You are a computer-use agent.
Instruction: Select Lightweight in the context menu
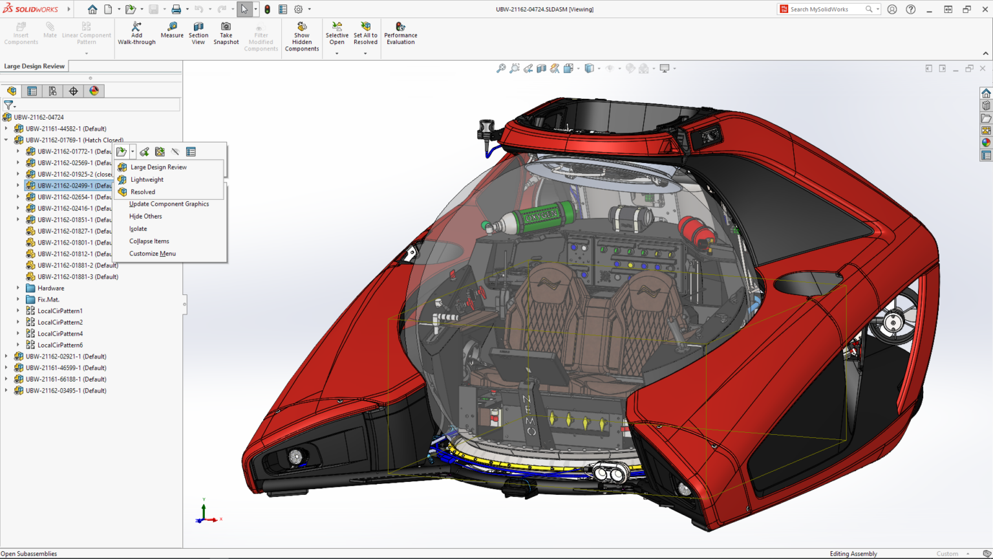147,180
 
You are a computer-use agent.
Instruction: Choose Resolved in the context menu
143,192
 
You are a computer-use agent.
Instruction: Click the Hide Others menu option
145,217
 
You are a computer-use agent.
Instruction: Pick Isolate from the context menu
138,229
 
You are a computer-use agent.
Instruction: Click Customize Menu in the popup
152,254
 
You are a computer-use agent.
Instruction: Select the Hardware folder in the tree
50,289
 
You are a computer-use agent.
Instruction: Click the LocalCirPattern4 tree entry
59,334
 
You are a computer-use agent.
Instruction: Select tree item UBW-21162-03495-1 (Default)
65,391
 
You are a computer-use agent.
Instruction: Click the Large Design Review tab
34,66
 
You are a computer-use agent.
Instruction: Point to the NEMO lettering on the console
528,414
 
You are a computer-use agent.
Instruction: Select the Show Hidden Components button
302,37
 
